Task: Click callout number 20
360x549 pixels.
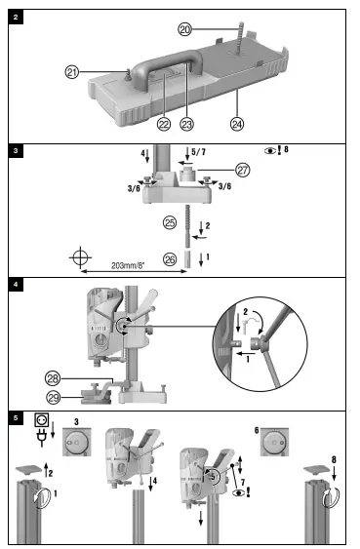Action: tap(184, 30)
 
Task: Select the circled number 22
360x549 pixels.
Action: tap(164, 123)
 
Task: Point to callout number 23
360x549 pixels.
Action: tap(187, 123)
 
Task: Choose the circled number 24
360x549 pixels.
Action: tap(236, 123)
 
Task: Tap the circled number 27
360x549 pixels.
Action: tap(243, 169)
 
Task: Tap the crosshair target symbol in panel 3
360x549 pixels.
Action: tap(81, 257)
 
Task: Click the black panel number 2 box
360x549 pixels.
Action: tap(15, 17)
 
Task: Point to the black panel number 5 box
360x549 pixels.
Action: tap(15, 417)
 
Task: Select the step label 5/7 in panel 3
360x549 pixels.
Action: tap(199, 151)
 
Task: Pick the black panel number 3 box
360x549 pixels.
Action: tap(15, 151)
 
